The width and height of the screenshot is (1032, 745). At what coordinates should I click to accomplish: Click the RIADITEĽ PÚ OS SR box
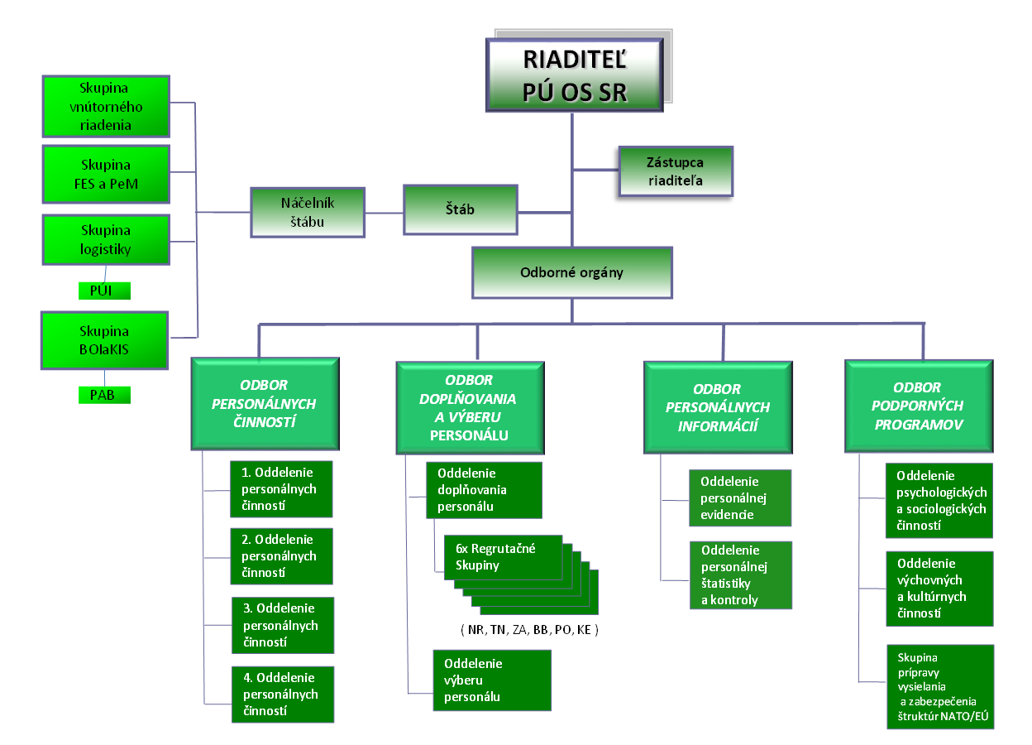coord(575,74)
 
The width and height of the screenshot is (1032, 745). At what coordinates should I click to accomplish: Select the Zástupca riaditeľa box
coord(676,171)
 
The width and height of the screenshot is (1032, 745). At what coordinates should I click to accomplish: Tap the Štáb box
coord(461,209)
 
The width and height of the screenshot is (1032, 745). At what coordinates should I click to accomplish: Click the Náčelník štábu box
coord(307,212)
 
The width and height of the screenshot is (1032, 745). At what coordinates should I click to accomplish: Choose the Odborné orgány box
coord(571,272)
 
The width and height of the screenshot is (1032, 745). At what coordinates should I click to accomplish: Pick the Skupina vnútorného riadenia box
coord(106,107)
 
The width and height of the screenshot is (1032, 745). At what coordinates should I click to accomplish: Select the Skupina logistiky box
coord(106,239)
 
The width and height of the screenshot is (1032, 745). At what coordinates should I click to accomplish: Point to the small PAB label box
coord(102,395)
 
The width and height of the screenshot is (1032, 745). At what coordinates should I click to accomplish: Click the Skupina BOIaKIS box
coord(106,339)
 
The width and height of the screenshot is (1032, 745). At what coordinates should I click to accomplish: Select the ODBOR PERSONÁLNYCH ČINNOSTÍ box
coord(265,404)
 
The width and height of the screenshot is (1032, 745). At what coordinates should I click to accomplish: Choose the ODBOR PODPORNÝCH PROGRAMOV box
coord(917,406)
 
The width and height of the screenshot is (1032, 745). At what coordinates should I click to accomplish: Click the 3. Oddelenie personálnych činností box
coord(284,625)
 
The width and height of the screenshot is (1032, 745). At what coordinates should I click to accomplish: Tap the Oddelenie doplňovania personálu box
coord(484,490)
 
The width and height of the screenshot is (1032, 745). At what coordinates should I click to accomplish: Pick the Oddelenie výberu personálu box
coord(492,680)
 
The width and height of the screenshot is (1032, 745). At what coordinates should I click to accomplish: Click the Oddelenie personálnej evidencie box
coord(740,497)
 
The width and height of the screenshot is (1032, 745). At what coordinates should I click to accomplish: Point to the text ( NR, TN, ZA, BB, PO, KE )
coord(529,630)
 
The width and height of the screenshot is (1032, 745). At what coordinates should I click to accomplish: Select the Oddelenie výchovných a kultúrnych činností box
coord(939,589)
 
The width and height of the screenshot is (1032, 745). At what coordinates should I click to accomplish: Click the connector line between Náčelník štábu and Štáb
coord(384,213)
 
